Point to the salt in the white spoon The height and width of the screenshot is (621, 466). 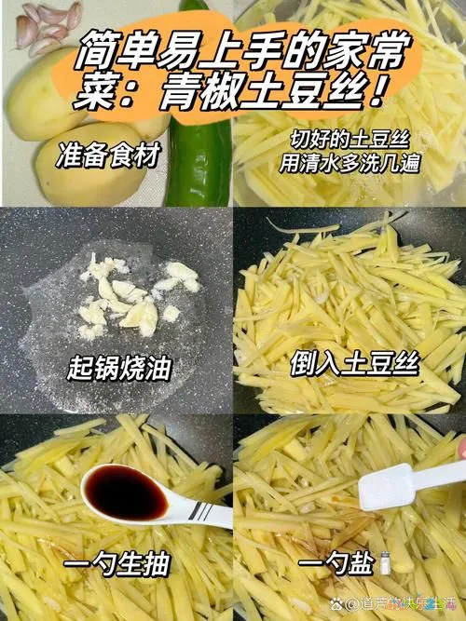(386, 487)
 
